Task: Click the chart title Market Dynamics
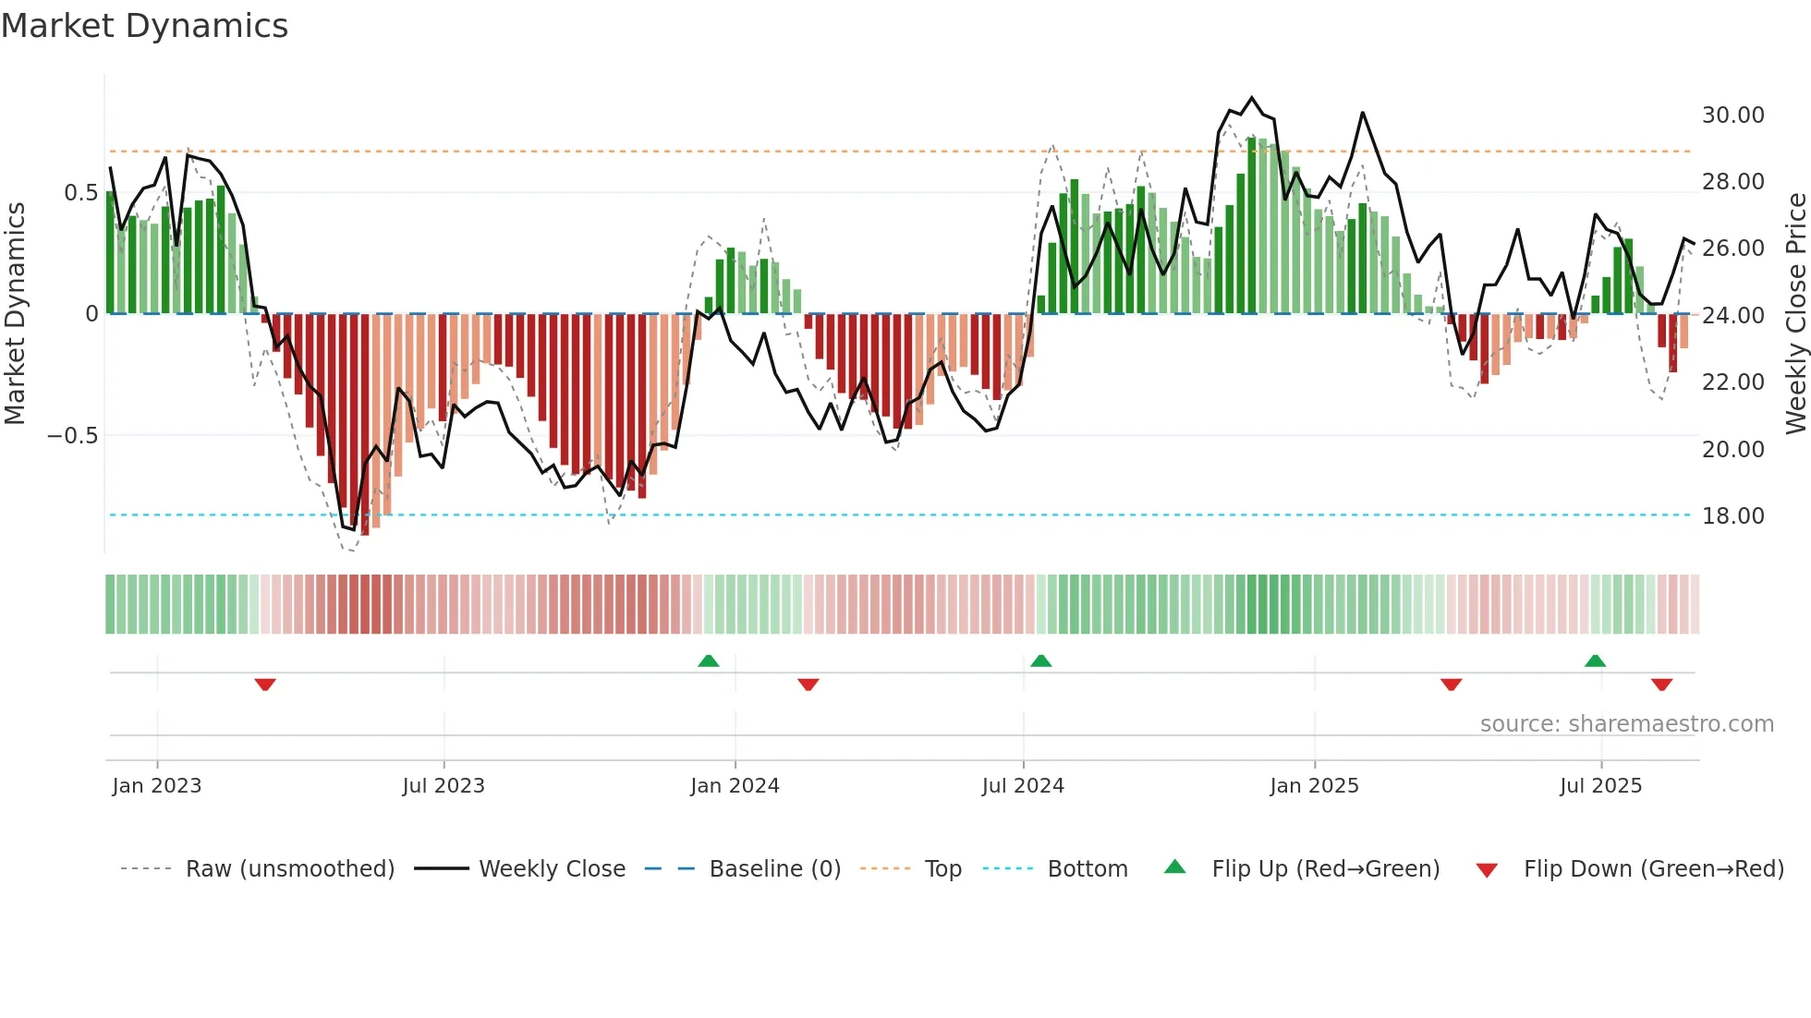(144, 26)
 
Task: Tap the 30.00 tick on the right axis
(1732, 115)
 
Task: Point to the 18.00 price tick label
(1732, 516)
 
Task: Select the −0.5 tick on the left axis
(73, 436)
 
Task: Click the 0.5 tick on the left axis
(80, 193)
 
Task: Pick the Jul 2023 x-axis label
(444, 786)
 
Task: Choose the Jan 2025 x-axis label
(1314, 786)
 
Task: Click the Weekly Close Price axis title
(1795, 314)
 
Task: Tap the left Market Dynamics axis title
(15, 314)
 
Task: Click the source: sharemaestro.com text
(1626, 724)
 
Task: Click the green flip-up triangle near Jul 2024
(1040, 660)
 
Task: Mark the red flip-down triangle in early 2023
(265, 685)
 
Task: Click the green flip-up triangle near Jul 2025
(1595, 660)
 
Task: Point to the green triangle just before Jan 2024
(708, 660)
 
